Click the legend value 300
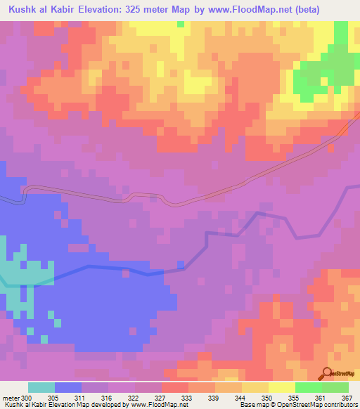26,398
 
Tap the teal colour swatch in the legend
41,387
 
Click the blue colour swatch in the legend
67,387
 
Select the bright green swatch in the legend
308,387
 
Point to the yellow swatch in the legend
281,387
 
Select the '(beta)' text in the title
336,9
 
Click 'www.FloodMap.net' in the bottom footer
152,405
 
